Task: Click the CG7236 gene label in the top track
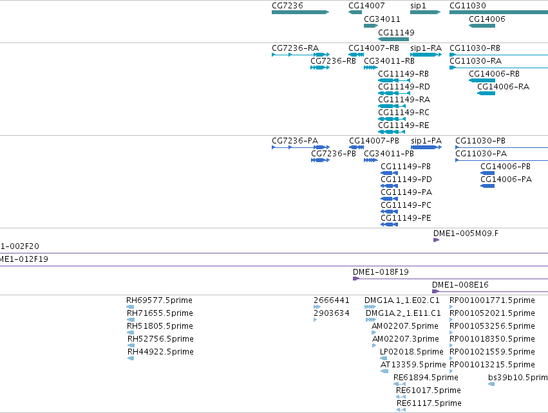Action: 287,6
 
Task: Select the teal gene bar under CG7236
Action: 301,12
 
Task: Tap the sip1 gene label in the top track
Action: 418,6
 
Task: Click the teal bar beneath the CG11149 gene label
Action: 393,39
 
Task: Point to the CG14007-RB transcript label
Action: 373,48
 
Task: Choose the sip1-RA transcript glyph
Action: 426,55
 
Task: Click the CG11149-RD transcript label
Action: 404,87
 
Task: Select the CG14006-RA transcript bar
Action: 486,93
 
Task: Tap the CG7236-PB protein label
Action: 334,154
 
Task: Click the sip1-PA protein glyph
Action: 426,147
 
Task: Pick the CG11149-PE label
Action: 406,218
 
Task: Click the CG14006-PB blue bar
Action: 487,173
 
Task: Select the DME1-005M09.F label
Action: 466,234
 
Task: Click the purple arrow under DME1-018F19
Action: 356,279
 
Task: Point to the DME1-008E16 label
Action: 460,285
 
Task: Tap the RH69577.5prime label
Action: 159,300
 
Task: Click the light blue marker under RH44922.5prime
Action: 131,358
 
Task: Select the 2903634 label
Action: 332,313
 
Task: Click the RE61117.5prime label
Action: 429,403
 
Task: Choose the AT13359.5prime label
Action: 413,365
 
